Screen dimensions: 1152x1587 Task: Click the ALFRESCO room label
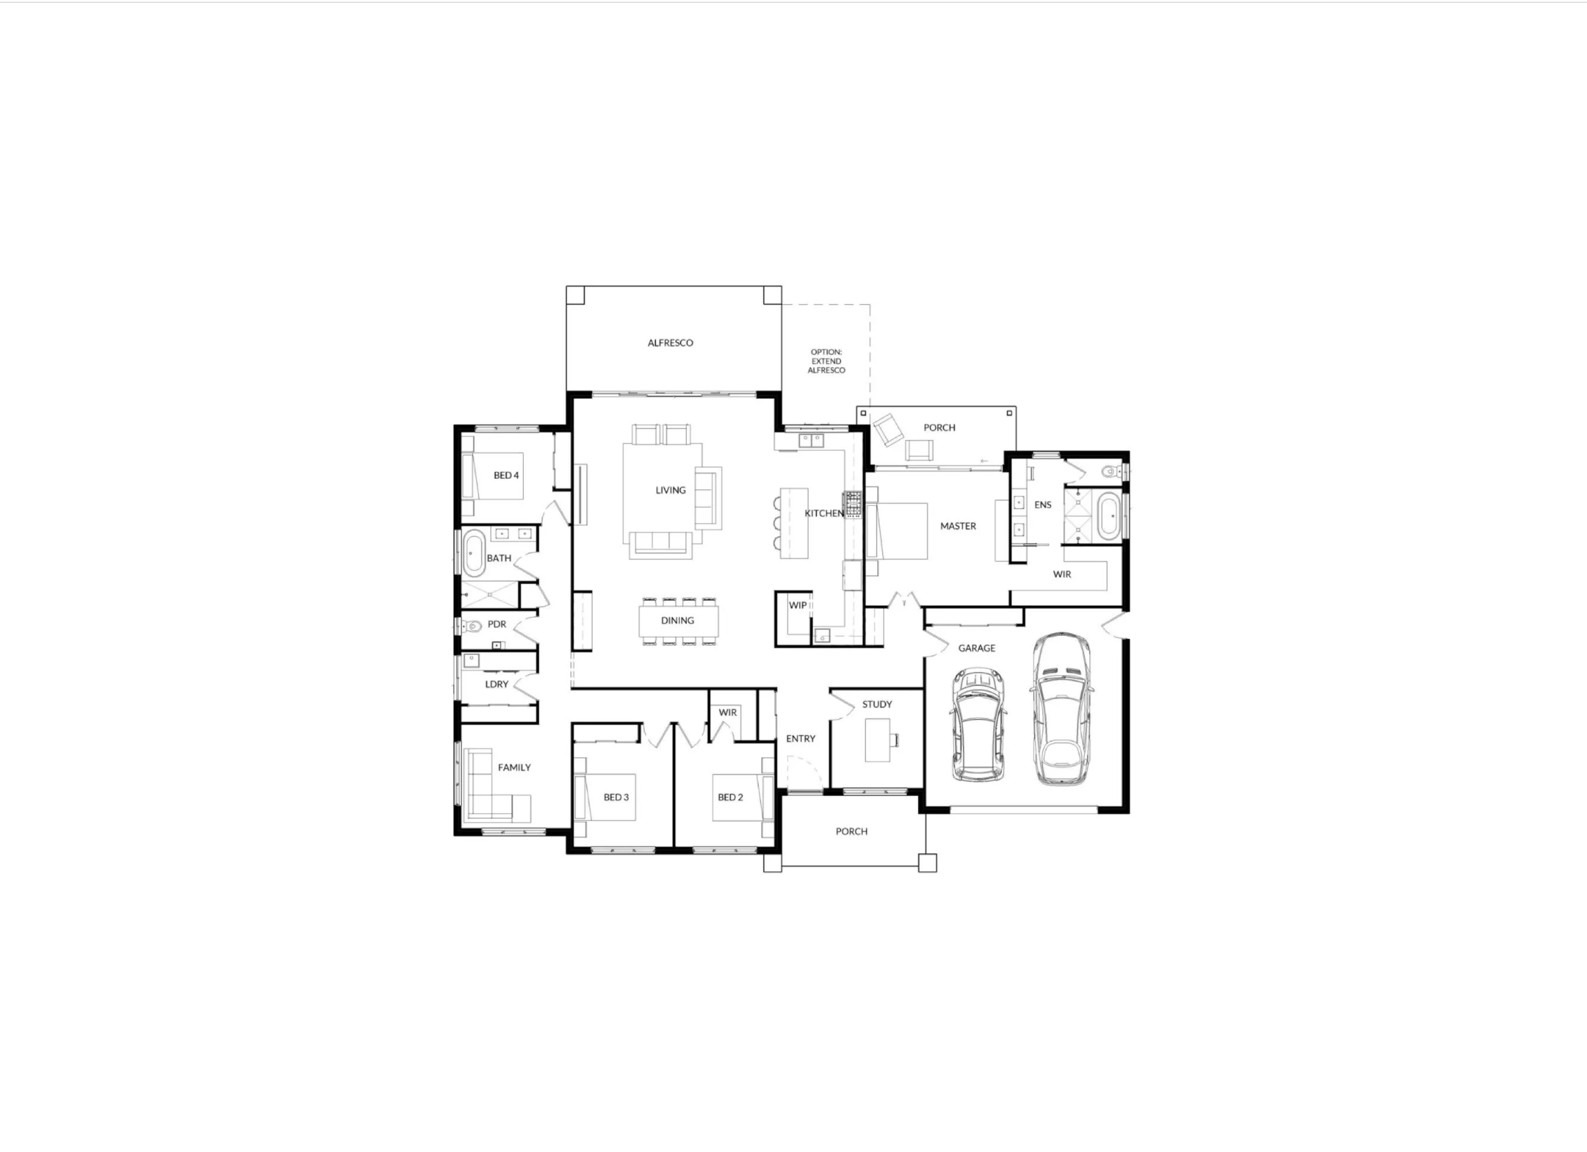(x=670, y=343)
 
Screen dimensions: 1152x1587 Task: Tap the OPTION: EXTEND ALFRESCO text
(x=827, y=361)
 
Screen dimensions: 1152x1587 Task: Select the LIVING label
(x=670, y=490)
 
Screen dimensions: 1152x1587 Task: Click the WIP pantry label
(x=798, y=605)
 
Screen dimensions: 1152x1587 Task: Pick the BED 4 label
(x=506, y=475)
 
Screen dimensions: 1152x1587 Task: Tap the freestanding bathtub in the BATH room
(x=474, y=553)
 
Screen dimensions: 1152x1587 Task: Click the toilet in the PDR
(x=474, y=625)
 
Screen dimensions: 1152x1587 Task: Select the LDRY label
(x=497, y=684)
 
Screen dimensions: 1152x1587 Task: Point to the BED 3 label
(x=616, y=797)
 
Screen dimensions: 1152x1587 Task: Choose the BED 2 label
(x=730, y=797)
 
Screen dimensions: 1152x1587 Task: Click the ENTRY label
(x=800, y=739)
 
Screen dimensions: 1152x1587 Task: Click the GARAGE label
(x=976, y=648)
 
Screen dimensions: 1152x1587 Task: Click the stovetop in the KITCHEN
(x=853, y=504)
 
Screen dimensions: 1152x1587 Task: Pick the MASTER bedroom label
(x=957, y=526)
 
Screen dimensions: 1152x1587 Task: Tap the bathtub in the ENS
(x=1108, y=516)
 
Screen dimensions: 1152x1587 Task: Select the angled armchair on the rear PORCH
(x=887, y=429)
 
